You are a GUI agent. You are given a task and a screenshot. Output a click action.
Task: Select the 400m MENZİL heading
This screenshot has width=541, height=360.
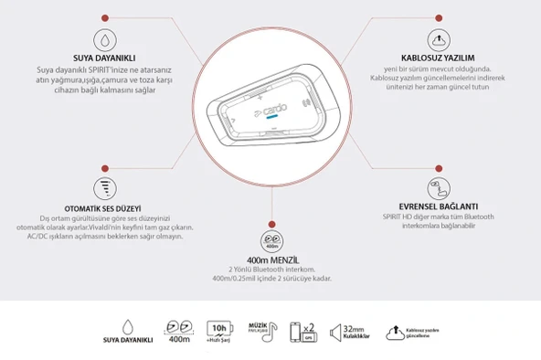point(270,259)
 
